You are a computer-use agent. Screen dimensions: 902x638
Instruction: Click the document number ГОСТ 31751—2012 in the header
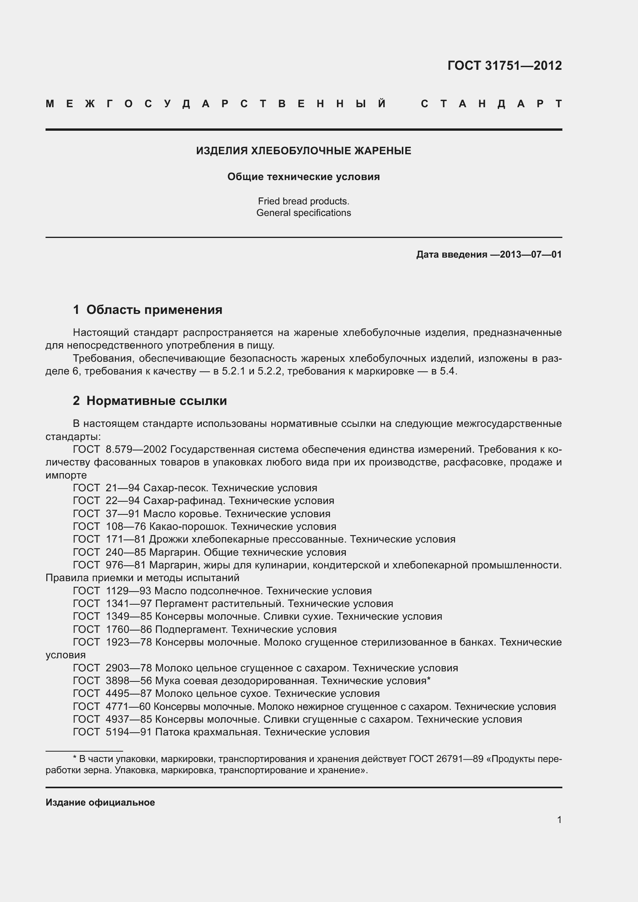pos(504,65)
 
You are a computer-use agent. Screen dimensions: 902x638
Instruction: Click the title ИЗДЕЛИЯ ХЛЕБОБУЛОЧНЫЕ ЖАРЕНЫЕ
pos(303,151)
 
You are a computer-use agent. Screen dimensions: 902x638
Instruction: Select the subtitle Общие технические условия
pos(303,177)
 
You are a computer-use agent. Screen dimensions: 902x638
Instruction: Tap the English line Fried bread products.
pos(303,201)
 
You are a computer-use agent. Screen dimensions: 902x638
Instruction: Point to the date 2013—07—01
pos(531,255)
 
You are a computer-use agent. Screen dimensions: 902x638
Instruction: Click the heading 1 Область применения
pos(147,310)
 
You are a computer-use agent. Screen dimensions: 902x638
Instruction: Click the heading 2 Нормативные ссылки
pos(150,401)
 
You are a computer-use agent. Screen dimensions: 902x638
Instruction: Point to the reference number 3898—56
pos(129,681)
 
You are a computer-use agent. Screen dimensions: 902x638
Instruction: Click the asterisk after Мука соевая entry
pos(429,679)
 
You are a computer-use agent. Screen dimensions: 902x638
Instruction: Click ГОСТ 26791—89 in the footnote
pos(446,759)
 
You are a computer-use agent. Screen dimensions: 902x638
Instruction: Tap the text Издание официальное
pos(100,803)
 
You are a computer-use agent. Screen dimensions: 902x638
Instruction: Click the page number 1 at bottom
pos(559,820)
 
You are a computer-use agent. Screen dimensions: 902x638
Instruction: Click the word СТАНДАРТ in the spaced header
pos(491,104)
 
